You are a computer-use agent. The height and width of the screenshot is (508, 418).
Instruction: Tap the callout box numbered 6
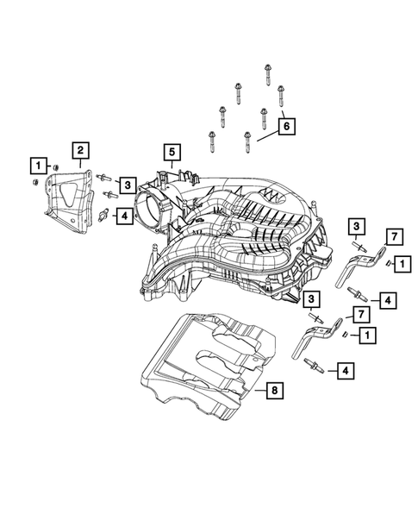pos(287,127)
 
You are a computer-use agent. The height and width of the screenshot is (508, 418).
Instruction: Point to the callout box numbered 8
pos(272,392)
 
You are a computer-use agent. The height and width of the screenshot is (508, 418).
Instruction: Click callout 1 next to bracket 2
pos(36,163)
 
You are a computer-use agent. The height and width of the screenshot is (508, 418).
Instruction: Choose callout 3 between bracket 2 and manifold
pos(126,184)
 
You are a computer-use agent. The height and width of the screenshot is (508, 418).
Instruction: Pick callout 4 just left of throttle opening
pos(125,216)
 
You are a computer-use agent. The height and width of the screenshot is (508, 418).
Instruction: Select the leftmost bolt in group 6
pos(210,137)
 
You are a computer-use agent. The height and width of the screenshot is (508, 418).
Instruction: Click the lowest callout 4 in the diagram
pos(345,371)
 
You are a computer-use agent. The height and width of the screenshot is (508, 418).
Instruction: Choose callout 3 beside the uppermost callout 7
pos(355,226)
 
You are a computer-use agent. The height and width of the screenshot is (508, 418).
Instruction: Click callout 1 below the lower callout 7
pos(367,334)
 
